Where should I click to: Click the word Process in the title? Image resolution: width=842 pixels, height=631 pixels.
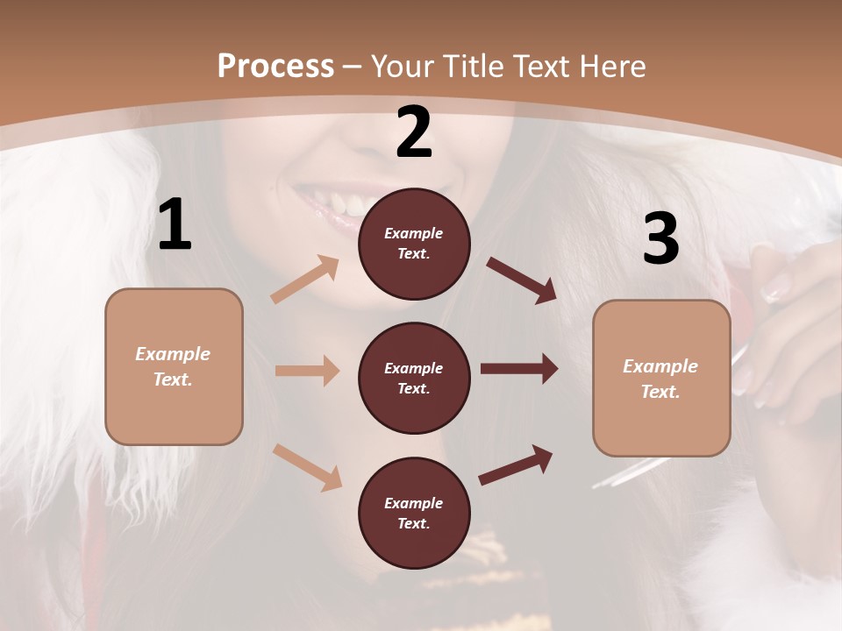click(x=275, y=66)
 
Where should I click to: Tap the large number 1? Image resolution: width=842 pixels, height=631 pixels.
click(x=175, y=225)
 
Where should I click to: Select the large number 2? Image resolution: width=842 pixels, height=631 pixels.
click(x=414, y=132)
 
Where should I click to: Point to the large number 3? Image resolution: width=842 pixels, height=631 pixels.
click(x=660, y=238)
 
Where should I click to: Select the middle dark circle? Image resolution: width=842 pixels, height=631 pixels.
click(x=414, y=378)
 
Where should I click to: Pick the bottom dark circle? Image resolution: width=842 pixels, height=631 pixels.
click(x=414, y=513)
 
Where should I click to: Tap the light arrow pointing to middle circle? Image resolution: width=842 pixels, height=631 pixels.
click(x=307, y=371)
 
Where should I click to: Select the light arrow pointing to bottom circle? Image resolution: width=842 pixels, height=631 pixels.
click(x=308, y=466)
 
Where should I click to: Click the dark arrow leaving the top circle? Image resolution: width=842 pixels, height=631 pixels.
click(x=521, y=280)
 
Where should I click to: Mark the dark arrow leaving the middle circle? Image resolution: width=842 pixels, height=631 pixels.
click(x=519, y=369)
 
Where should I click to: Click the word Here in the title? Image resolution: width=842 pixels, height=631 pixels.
click(x=611, y=66)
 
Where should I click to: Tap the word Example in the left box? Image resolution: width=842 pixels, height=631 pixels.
click(x=173, y=354)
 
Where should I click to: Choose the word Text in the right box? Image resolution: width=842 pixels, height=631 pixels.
click(x=660, y=392)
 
